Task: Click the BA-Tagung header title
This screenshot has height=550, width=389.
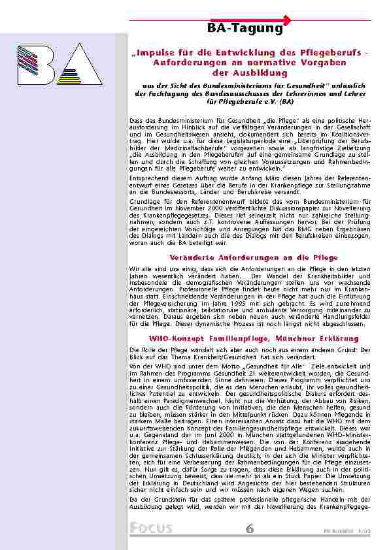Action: tap(245, 29)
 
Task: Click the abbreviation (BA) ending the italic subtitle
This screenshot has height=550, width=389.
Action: tap(286, 103)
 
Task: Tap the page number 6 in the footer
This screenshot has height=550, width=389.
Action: tap(250, 528)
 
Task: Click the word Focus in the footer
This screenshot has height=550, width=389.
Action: tap(151, 528)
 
